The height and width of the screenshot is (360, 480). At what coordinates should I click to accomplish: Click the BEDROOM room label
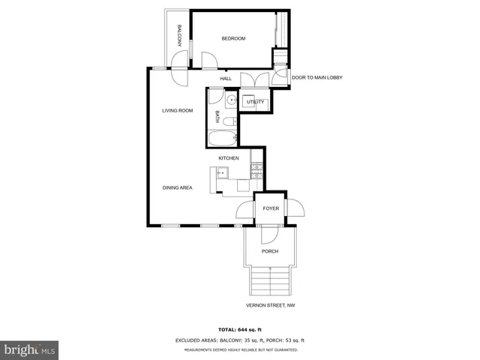click(233, 38)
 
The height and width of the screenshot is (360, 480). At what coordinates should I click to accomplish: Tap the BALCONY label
click(180, 37)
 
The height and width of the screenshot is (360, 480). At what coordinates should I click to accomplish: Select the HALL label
click(225, 79)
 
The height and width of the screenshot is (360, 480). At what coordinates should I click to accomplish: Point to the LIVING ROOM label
click(178, 110)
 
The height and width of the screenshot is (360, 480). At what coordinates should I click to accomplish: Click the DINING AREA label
click(178, 187)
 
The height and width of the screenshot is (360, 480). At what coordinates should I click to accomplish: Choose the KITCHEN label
click(229, 158)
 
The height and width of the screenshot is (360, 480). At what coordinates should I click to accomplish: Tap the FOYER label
click(271, 208)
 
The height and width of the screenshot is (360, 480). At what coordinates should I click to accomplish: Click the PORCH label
click(270, 251)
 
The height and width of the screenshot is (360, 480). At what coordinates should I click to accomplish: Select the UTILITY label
click(256, 101)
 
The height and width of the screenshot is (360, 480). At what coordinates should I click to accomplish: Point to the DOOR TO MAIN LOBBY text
click(317, 77)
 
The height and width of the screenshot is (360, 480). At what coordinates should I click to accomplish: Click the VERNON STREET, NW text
click(271, 306)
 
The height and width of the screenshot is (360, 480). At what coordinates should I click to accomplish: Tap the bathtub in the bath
click(223, 138)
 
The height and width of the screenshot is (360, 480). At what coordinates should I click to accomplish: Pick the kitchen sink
click(222, 173)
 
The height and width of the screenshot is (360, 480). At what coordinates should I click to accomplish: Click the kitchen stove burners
click(256, 172)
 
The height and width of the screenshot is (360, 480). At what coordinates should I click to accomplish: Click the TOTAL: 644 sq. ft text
click(239, 330)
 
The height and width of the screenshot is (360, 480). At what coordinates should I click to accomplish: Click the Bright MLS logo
click(29, 349)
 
